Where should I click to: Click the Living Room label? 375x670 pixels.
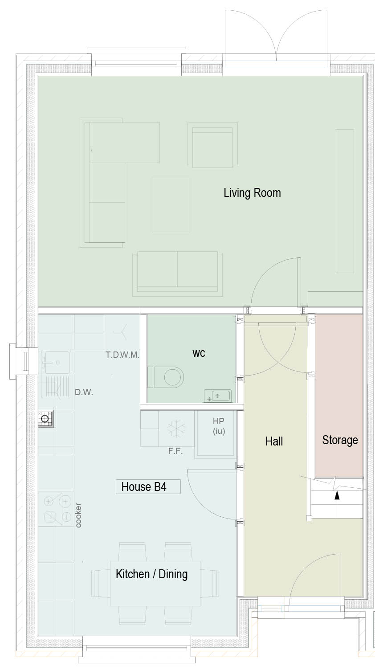pyautogui.click(x=252, y=193)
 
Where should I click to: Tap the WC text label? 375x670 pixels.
pyautogui.click(x=199, y=353)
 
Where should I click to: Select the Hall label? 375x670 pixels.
pyautogui.click(x=274, y=441)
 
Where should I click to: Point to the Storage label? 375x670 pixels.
pyautogui.click(x=340, y=440)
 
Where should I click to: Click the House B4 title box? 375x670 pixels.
pyautogui.click(x=148, y=486)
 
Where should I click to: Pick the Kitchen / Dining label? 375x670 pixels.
pyautogui.click(x=151, y=574)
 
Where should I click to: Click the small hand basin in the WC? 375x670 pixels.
pyautogui.click(x=217, y=396)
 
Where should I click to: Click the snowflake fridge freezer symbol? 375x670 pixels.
pyautogui.click(x=176, y=428)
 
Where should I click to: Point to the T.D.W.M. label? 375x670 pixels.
pyautogui.click(x=122, y=355)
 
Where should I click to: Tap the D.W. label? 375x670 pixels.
pyautogui.click(x=84, y=392)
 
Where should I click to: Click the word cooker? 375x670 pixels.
pyautogui.click(x=78, y=515)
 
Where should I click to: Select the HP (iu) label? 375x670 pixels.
pyautogui.click(x=219, y=426)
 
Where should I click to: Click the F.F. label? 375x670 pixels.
pyautogui.click(x=175, y=451)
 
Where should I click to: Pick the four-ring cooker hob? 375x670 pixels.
pyautogui.click(x=56, y=510)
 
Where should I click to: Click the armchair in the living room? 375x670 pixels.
pyautogui.click(x=212, y=145)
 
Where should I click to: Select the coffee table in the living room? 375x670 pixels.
pyautogui.click(x=171, y=205)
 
